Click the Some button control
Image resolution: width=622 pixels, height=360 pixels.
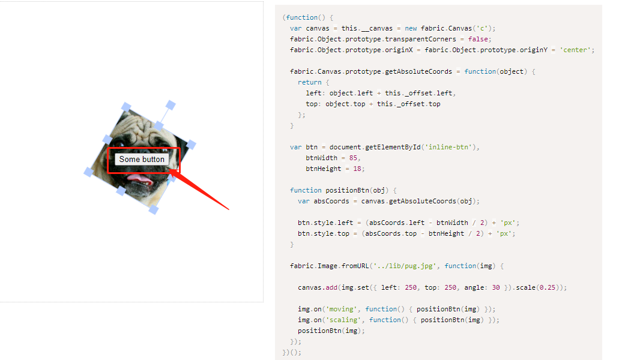(142, 159)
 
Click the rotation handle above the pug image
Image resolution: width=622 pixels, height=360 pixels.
(171, 105)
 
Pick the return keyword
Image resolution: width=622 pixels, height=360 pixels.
(309, 82)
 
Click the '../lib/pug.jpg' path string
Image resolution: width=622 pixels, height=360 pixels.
(402, 266)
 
